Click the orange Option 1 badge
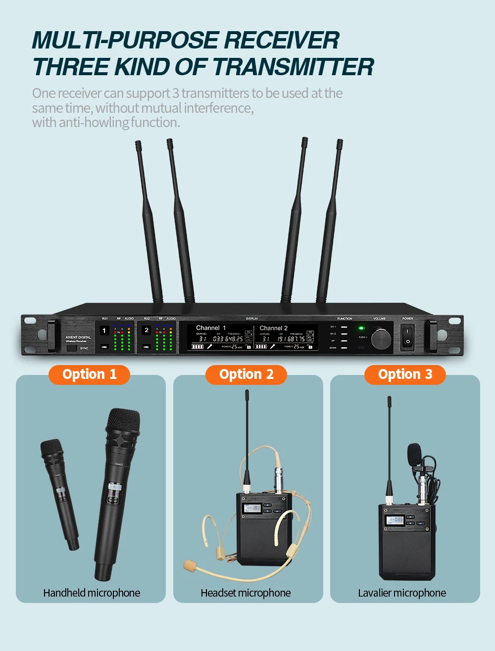89,374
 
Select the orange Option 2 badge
246,374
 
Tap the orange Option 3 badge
405,374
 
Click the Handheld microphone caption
92,593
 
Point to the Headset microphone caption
246,593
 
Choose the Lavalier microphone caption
402,593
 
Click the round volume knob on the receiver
381,338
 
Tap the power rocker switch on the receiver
407,336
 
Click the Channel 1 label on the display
211,328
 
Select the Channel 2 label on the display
273,328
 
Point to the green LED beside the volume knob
361,328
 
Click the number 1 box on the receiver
104,330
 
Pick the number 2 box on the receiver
147,330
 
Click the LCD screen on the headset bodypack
252,508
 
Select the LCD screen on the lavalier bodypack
396,519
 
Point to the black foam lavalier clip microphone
414,454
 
